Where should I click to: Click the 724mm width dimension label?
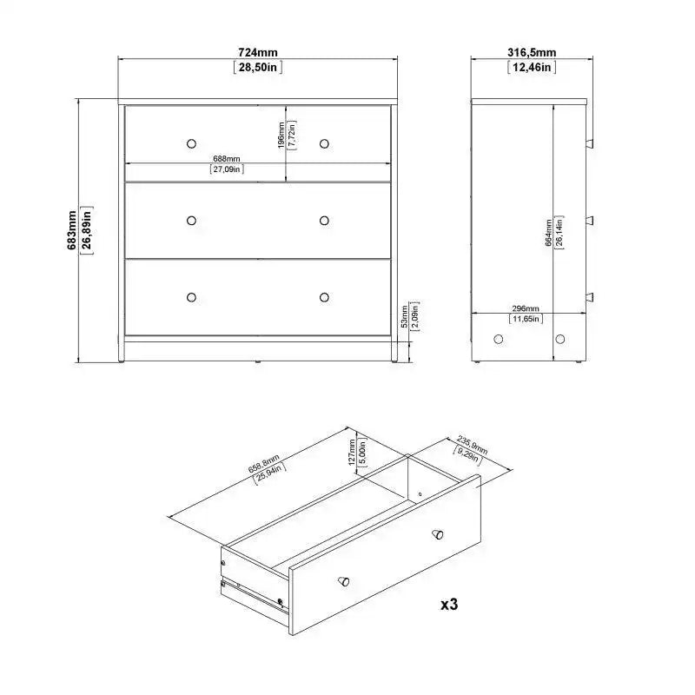tap(258, 52)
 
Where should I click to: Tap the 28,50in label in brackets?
tap(258, 67)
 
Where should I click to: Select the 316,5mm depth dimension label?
tap(531, 52)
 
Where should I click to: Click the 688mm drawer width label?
tap(227, 158)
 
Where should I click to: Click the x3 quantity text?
tap(448, 604)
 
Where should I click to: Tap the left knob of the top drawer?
tap(191, 142)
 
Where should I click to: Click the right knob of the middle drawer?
tap(324, 221)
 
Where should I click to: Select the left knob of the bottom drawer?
tap(191, 297)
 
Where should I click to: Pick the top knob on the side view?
tap(590, 142)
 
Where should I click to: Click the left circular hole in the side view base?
tap(499, 339)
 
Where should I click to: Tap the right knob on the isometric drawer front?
tap(437, 532)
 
